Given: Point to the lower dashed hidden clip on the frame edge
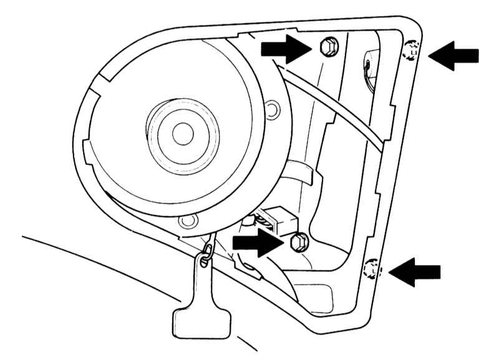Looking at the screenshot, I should [x=371, y=270].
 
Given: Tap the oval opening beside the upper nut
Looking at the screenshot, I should [x=368, y=62].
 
